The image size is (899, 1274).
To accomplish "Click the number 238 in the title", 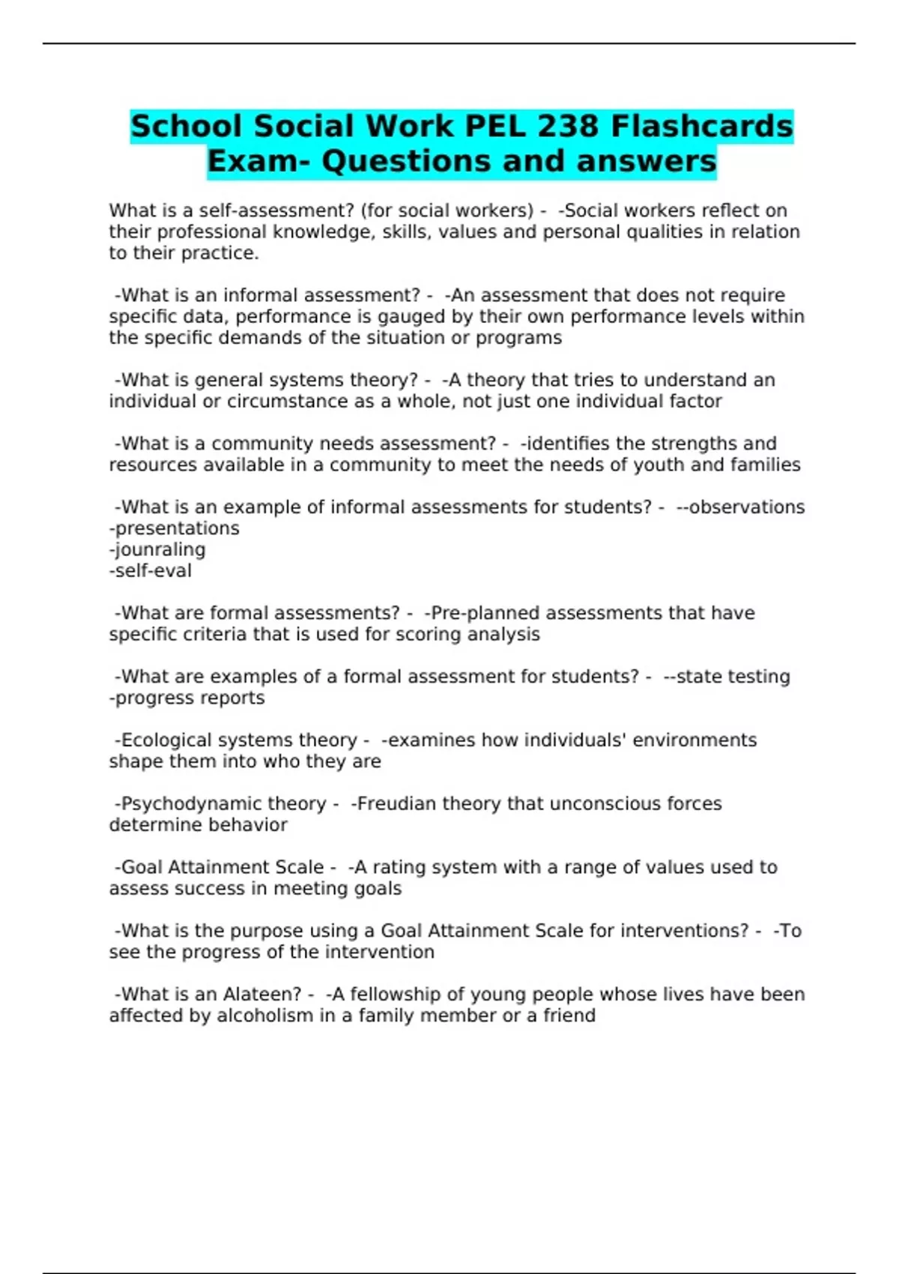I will (x=561, y=127).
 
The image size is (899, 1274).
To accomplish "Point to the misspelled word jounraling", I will (x=157, y=549).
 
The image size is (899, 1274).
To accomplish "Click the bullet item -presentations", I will (x=175, y=528).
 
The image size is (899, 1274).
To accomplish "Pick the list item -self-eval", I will (x=151, y=571).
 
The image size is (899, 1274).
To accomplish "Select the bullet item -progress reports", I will (x=187, y=698).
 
